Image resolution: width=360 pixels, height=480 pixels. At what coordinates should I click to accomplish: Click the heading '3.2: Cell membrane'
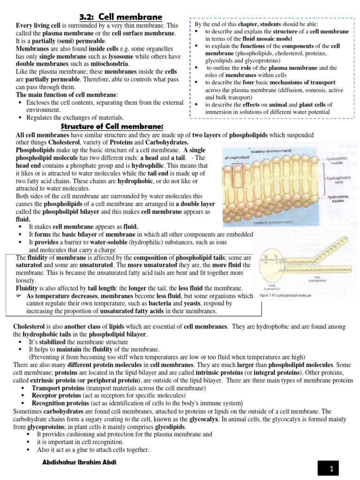click(x=120, y=17)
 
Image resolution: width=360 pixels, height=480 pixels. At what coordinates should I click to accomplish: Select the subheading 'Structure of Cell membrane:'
click(x=112, y=127)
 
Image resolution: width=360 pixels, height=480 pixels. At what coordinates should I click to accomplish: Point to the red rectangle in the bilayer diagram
click(x=237, y=176)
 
